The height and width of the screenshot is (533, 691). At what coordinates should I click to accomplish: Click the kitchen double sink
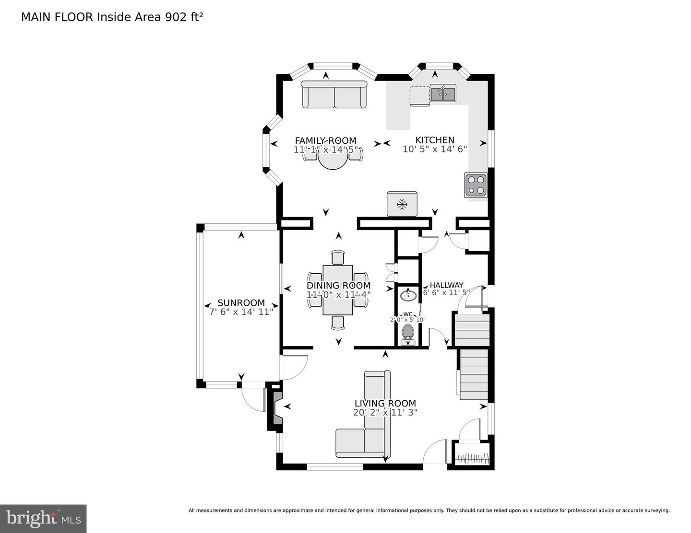coord(443,93)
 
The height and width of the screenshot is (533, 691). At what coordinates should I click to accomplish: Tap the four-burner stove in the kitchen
coord(475,185)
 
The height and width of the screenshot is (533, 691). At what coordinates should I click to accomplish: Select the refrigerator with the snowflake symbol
coord(402,205)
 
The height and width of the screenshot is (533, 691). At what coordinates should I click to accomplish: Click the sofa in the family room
coord(334,94)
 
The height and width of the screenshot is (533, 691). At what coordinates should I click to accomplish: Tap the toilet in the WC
coord(408,333)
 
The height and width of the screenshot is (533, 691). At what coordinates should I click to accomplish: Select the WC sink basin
coord(408,294)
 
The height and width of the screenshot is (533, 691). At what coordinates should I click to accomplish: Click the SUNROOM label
coord(241,303)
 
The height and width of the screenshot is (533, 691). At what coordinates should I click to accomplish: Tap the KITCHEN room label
coord(435,140)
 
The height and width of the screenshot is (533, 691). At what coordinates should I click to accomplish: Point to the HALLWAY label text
coord(446,285)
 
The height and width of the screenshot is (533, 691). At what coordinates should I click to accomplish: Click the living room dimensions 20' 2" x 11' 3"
coord(385,412)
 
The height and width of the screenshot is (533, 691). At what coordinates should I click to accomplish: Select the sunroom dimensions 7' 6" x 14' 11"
coord(241,312)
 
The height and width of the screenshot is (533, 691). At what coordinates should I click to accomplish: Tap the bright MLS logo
coord(43,518)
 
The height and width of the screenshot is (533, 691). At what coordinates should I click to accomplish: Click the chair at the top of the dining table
coord(338,257)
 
